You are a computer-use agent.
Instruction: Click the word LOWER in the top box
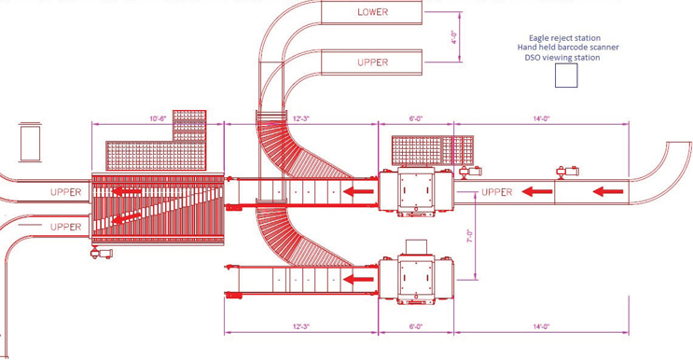(x=372, y=12)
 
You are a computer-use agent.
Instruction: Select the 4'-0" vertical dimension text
(x=453, y=36)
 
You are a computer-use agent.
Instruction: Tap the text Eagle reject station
(x=564, y=38)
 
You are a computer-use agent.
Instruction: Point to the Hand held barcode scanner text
(x=568, y=48)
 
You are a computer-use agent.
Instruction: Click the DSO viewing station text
(x=562, y=58)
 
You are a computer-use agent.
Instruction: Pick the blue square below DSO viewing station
(x=566, y=76)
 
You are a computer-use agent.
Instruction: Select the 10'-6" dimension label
(x=158, y=118)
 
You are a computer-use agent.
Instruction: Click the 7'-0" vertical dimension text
(x=470, y=235)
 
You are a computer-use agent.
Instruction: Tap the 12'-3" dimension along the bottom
(x=301, y=326)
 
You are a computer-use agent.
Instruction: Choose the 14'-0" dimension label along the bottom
(x=541, y=326)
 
